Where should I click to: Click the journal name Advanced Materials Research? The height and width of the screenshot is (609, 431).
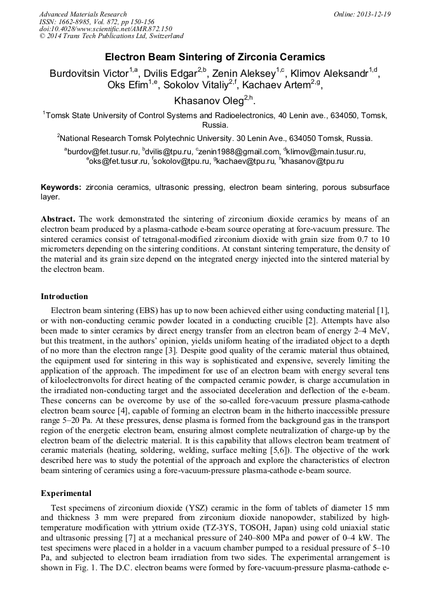point(83,14)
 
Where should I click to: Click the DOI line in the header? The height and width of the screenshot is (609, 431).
point(106,29)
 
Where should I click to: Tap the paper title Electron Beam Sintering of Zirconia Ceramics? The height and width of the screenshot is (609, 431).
point(215,57)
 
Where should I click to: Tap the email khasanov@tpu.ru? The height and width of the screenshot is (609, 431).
point(313,162)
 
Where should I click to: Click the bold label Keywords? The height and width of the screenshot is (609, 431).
point(61,188)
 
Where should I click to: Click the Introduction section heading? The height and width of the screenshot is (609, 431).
point(64,297)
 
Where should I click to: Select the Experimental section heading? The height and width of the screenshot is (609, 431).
point(66,493)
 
